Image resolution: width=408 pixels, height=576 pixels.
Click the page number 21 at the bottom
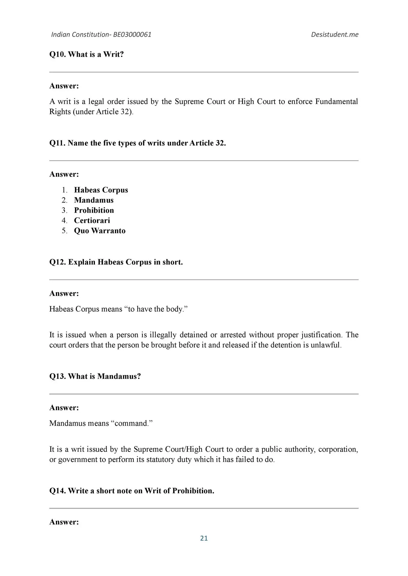pyautogui.click(x=204, y=538)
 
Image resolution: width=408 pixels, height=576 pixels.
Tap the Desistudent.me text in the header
pyautogui.click(x=335, y=34)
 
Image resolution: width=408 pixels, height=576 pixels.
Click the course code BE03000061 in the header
pyautogui.click(x=132, y=34)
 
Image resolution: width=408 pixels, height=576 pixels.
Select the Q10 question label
pyautogui.click(x=57, y=55)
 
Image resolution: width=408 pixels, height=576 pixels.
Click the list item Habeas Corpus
pyautogui.click(x=101, y=190)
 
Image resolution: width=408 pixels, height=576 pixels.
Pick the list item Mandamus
pyautogui.click(x=94, y=200)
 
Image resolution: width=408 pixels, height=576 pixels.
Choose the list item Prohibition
pyautogui.click(x=94, y=210)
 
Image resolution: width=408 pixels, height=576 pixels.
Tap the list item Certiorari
pyautogui.click(x=92, y=220)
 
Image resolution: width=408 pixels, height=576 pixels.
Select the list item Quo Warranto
pyautogui.click(x=100, y=231)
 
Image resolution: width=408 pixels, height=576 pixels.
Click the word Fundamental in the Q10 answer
pyautogui.click(x=336, y=101)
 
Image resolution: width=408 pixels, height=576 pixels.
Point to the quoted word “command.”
pyautogui.click(x=132, y=423)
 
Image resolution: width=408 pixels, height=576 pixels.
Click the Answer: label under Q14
pyautogui.click(x=64, y=522)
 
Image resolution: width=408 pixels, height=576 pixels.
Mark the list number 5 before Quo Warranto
pyautogui.click(x=64, y=231)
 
